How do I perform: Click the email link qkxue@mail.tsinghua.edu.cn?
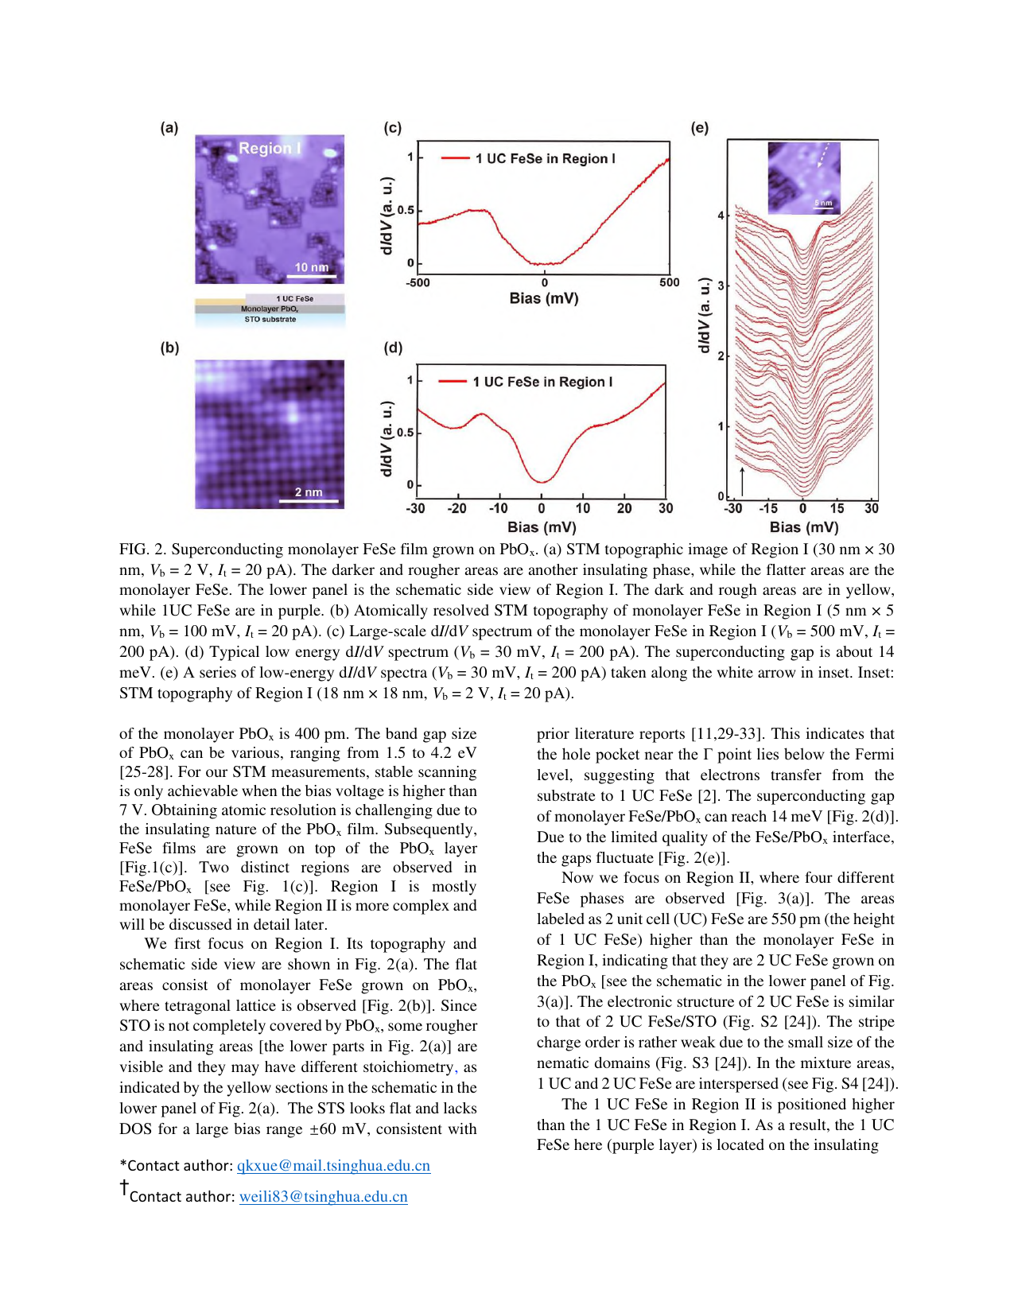coord(333,1166)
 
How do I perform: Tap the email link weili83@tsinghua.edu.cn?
coord(323,1197)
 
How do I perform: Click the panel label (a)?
coord(169,128)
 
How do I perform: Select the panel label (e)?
coord(700,128)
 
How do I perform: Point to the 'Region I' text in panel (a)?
coord(270,148)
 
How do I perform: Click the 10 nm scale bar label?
coord(311,267)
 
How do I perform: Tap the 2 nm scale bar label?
coord(309,492)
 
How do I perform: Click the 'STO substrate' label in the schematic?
coord(270,320)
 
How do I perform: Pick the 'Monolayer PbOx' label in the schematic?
coord(270,309)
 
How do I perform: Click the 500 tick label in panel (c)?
coord(670,282)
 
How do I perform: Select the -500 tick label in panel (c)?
coord(418,282)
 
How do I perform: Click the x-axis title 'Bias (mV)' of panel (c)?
coord(544,299)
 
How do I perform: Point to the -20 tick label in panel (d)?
coord(456,509)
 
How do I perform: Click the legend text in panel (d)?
coord(542,383)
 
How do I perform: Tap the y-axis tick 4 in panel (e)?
coord(721,216)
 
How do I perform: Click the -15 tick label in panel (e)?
coord(767,509)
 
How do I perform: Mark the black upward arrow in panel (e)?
coord(742,481)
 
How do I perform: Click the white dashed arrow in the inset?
coord(823,157)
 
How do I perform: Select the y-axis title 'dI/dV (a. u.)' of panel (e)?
coord(704,316)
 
